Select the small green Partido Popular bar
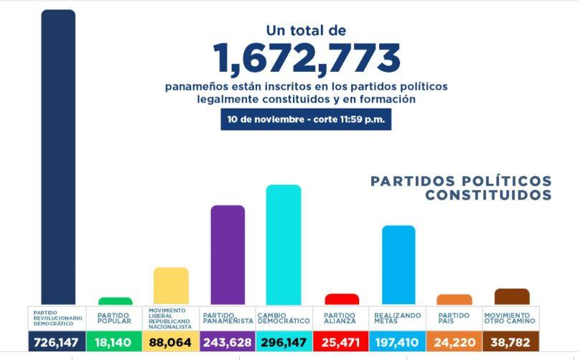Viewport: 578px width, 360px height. (115, 301)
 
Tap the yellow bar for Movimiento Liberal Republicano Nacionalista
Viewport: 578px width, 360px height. (171, 286)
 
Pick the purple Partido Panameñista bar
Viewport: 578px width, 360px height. (228, 255)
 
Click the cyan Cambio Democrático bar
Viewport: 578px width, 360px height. (284, 245)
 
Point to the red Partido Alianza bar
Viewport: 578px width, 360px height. (342, 299)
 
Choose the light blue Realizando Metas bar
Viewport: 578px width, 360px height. (398, 265)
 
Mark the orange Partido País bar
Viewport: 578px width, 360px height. (455, 300)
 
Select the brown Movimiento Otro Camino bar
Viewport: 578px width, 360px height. (512, 297)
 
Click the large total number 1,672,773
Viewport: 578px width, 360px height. (307, 58)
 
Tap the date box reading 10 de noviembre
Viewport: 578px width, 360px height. (307, 119)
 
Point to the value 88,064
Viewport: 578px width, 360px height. (171, 343)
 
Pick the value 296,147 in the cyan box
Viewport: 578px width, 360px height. (284, 343)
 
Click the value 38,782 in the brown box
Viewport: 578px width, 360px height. (512, 343)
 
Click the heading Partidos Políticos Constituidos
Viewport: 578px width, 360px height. (461, 188)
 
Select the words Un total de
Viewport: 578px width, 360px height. (307, 31)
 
